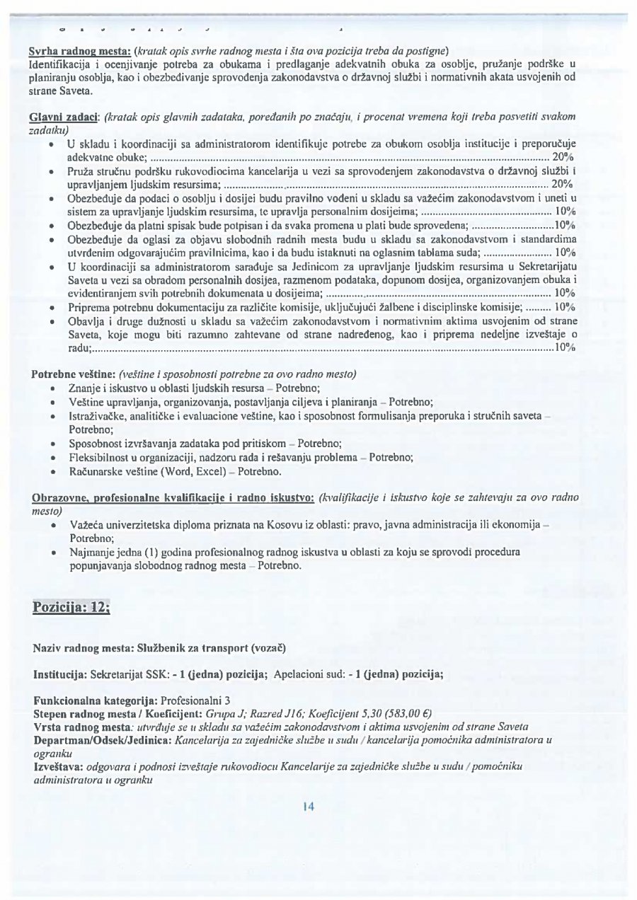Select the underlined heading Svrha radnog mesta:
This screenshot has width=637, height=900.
(80, 51)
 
